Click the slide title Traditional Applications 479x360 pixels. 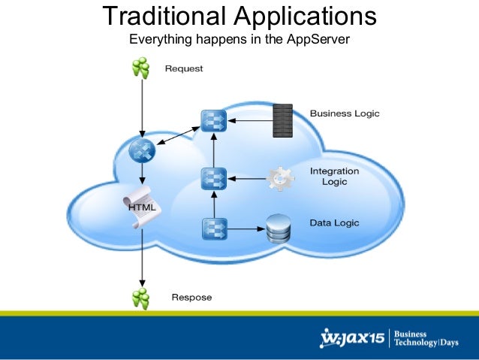(239, 16)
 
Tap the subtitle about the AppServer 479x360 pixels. (239, 39)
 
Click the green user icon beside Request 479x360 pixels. (140, 68)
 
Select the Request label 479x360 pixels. (184, 68)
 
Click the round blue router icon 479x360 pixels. (141, 152)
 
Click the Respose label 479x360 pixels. (191, 297)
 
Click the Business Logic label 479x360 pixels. (345, 113)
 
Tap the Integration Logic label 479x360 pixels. (334, 177)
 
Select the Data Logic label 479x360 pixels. (334, 222)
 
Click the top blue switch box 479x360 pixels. (214, 120)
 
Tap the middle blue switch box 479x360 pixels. (214, 179)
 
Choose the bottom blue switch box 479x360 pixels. (214, 228)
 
